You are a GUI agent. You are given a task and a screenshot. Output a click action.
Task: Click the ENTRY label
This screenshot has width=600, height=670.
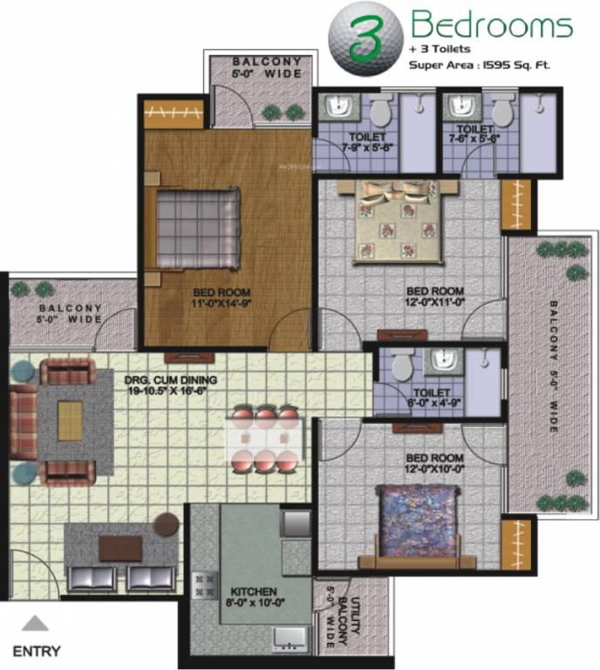(x=37, y=650)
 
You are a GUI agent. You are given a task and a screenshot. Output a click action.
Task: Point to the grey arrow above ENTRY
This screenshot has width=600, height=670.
(x=35, y=623)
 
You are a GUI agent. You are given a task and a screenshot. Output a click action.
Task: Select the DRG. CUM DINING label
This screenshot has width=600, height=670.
(x=171, y=385)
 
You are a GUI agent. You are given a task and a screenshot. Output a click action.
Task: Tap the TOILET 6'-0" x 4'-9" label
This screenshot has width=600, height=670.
(x=433, y=399)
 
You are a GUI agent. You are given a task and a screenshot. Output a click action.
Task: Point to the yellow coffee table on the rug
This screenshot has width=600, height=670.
(x=70, y=420)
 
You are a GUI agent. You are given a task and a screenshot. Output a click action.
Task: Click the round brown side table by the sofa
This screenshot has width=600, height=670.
(x=167, y=524)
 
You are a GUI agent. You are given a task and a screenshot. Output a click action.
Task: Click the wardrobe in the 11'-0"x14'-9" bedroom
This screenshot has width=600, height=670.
(x=174, y=113)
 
